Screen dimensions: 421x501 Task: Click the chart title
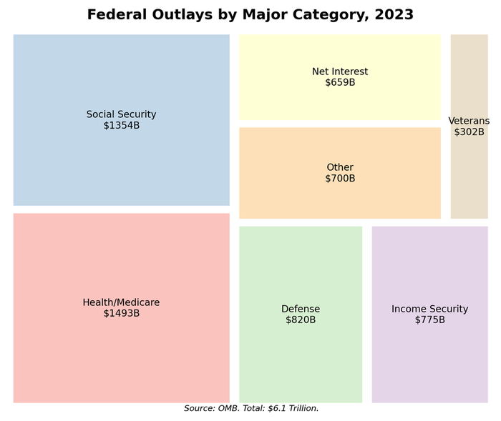(x=250, y=15)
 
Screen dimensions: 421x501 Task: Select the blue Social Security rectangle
(x=121, y=79)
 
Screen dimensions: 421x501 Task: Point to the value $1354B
(x=121, y=126)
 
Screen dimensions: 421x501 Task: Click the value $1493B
(x=121, y=313)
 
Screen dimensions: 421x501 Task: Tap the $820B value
(x=301, y=320)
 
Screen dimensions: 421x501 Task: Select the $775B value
(x=429, y=320)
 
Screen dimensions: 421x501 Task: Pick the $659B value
(x=340, y=82)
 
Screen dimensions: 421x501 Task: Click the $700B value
(x=340, y=178)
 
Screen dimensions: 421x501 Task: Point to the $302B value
(x=469, y=132)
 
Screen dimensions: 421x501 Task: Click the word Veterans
(x=469, y=121)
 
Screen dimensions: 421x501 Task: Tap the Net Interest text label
(x=340, y=71)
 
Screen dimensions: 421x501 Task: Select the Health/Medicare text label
(x=121, y=302)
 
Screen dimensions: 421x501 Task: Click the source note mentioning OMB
(x=251, y=408)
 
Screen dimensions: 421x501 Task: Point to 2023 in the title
(x=394, y=15)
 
